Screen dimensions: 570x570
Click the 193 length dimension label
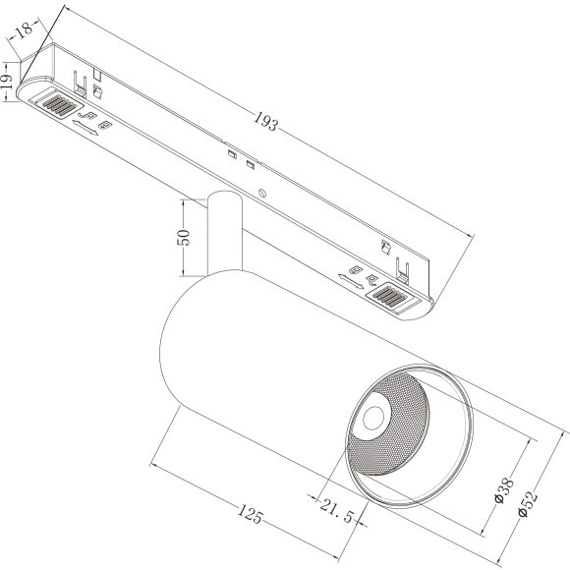point(266,121)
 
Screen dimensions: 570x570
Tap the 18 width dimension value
point(26,29)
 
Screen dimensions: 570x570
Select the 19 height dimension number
point(7,82)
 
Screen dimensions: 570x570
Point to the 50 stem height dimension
point(185,238)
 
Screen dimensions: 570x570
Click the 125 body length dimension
point(250,514)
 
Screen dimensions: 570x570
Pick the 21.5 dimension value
point(337,511)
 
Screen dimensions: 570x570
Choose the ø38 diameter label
point(505,490)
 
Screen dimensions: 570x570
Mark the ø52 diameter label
point(528,503)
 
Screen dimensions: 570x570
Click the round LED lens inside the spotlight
point(373,418)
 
